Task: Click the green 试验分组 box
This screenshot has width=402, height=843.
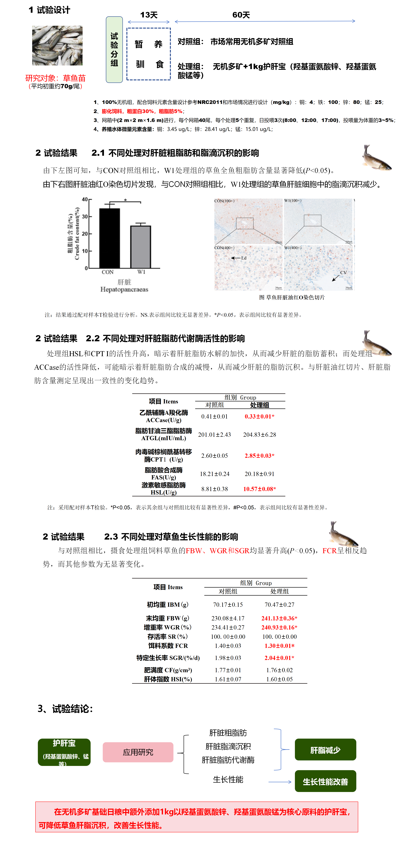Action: pos(114,49)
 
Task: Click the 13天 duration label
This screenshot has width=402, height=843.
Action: pos(149,15)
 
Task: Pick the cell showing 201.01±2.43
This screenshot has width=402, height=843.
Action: pos(214,435)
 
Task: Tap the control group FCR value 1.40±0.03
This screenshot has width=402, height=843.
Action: pos(228,646)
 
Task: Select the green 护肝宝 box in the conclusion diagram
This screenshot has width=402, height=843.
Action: pos(64,752)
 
